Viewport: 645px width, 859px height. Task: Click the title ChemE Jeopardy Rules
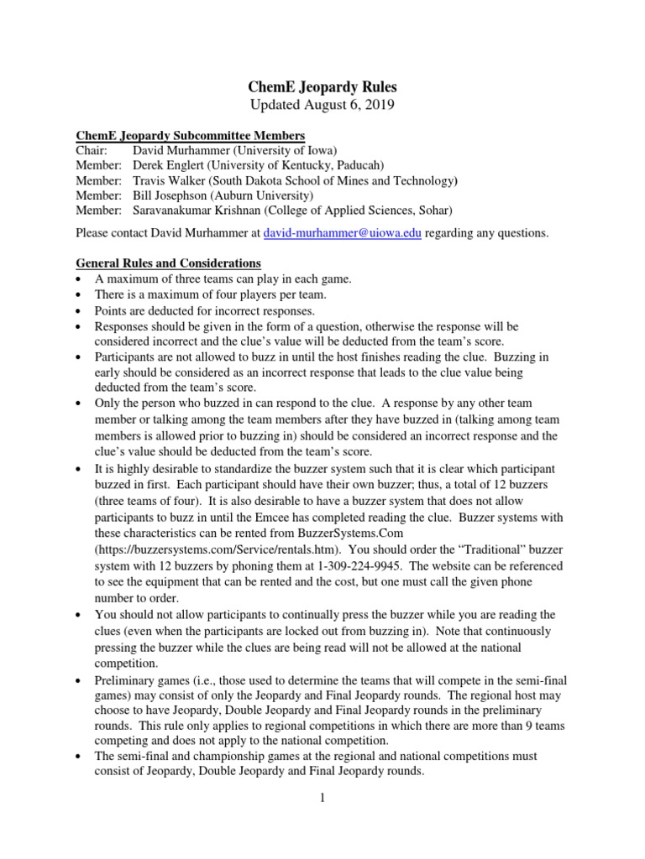[x=322, y=86]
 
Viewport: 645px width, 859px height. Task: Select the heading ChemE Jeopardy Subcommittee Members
[x=191, y=136]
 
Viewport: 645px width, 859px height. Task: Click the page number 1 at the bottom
[x=322, y=797]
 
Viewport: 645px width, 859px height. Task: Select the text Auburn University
[x=271, y=195]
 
